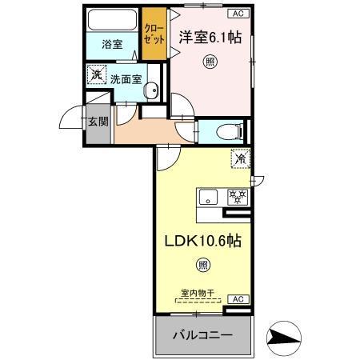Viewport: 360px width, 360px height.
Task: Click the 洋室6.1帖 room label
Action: tap(210, 37)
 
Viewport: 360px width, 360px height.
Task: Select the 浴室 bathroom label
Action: tap(113, 44)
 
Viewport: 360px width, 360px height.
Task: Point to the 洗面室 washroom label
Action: tap(126, 79)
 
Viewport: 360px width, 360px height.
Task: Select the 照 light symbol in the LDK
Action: tap(203, 265)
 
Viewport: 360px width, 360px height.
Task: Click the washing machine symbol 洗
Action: tap(97, 75)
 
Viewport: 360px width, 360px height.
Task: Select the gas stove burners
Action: tap(238, 196)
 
